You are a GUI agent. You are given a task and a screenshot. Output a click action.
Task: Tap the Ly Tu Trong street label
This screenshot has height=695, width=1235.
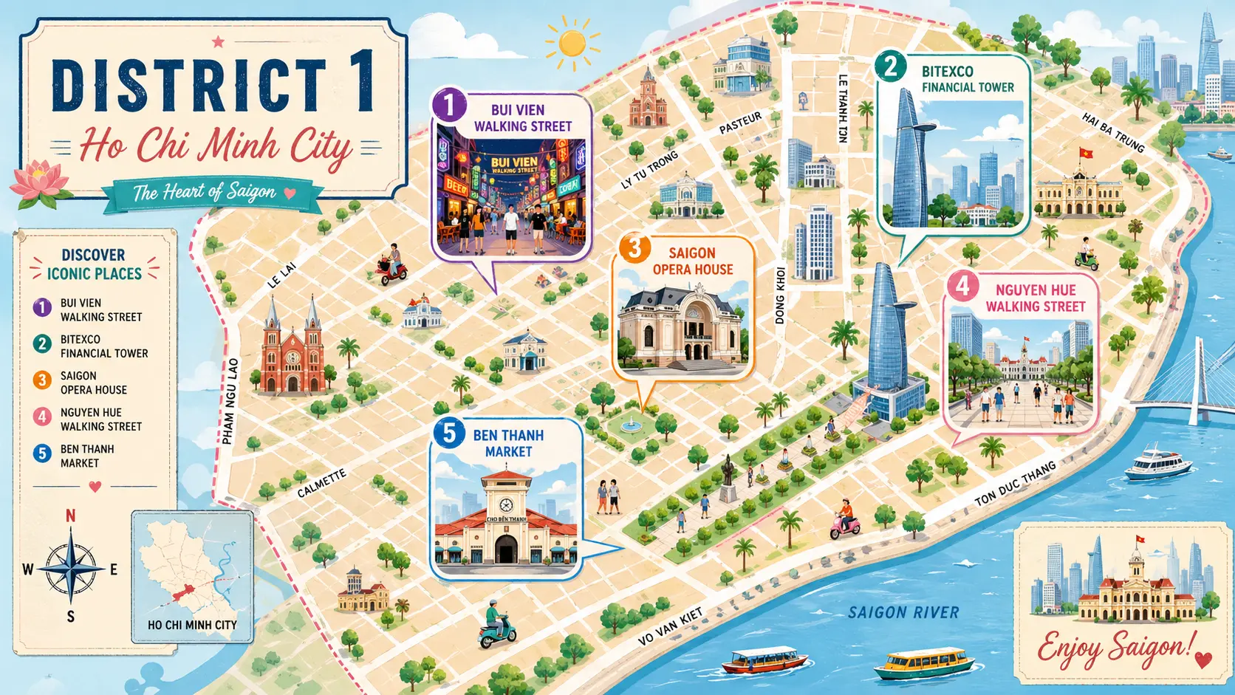point(650,171)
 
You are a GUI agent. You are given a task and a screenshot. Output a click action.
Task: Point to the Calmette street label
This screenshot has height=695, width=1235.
point(321,484)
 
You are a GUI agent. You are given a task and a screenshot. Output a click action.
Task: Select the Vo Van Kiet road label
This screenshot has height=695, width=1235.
point(670,627)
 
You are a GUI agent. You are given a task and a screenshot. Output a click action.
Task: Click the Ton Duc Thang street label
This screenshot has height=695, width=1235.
point(1015,484)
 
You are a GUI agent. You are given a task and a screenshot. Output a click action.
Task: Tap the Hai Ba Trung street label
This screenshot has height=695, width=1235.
point(1113,132)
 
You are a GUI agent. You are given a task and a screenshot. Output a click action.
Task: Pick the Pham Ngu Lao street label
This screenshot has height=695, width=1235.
point(230,401)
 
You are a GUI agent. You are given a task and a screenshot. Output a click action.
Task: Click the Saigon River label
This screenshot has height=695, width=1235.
point(903,612)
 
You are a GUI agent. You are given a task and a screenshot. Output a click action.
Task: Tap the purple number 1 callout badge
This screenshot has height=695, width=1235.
point(448,105)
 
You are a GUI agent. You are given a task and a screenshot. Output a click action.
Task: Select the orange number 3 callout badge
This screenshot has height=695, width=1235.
point(634,249)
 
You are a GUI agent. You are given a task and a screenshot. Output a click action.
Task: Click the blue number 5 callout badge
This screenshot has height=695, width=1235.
point(449,433)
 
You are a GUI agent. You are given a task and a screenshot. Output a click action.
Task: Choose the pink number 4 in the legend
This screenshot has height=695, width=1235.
point(42,417)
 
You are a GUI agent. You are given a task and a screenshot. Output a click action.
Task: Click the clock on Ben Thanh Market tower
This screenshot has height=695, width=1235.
point(506,505)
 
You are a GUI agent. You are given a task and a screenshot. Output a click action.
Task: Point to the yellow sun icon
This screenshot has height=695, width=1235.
point(572,44)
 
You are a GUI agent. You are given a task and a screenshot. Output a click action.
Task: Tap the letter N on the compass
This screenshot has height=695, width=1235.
point(71,516)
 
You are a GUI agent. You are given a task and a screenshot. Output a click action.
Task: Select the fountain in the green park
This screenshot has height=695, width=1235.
point(630,424)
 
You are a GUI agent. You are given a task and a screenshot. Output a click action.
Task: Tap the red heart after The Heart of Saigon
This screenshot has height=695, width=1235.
point(290,194)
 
